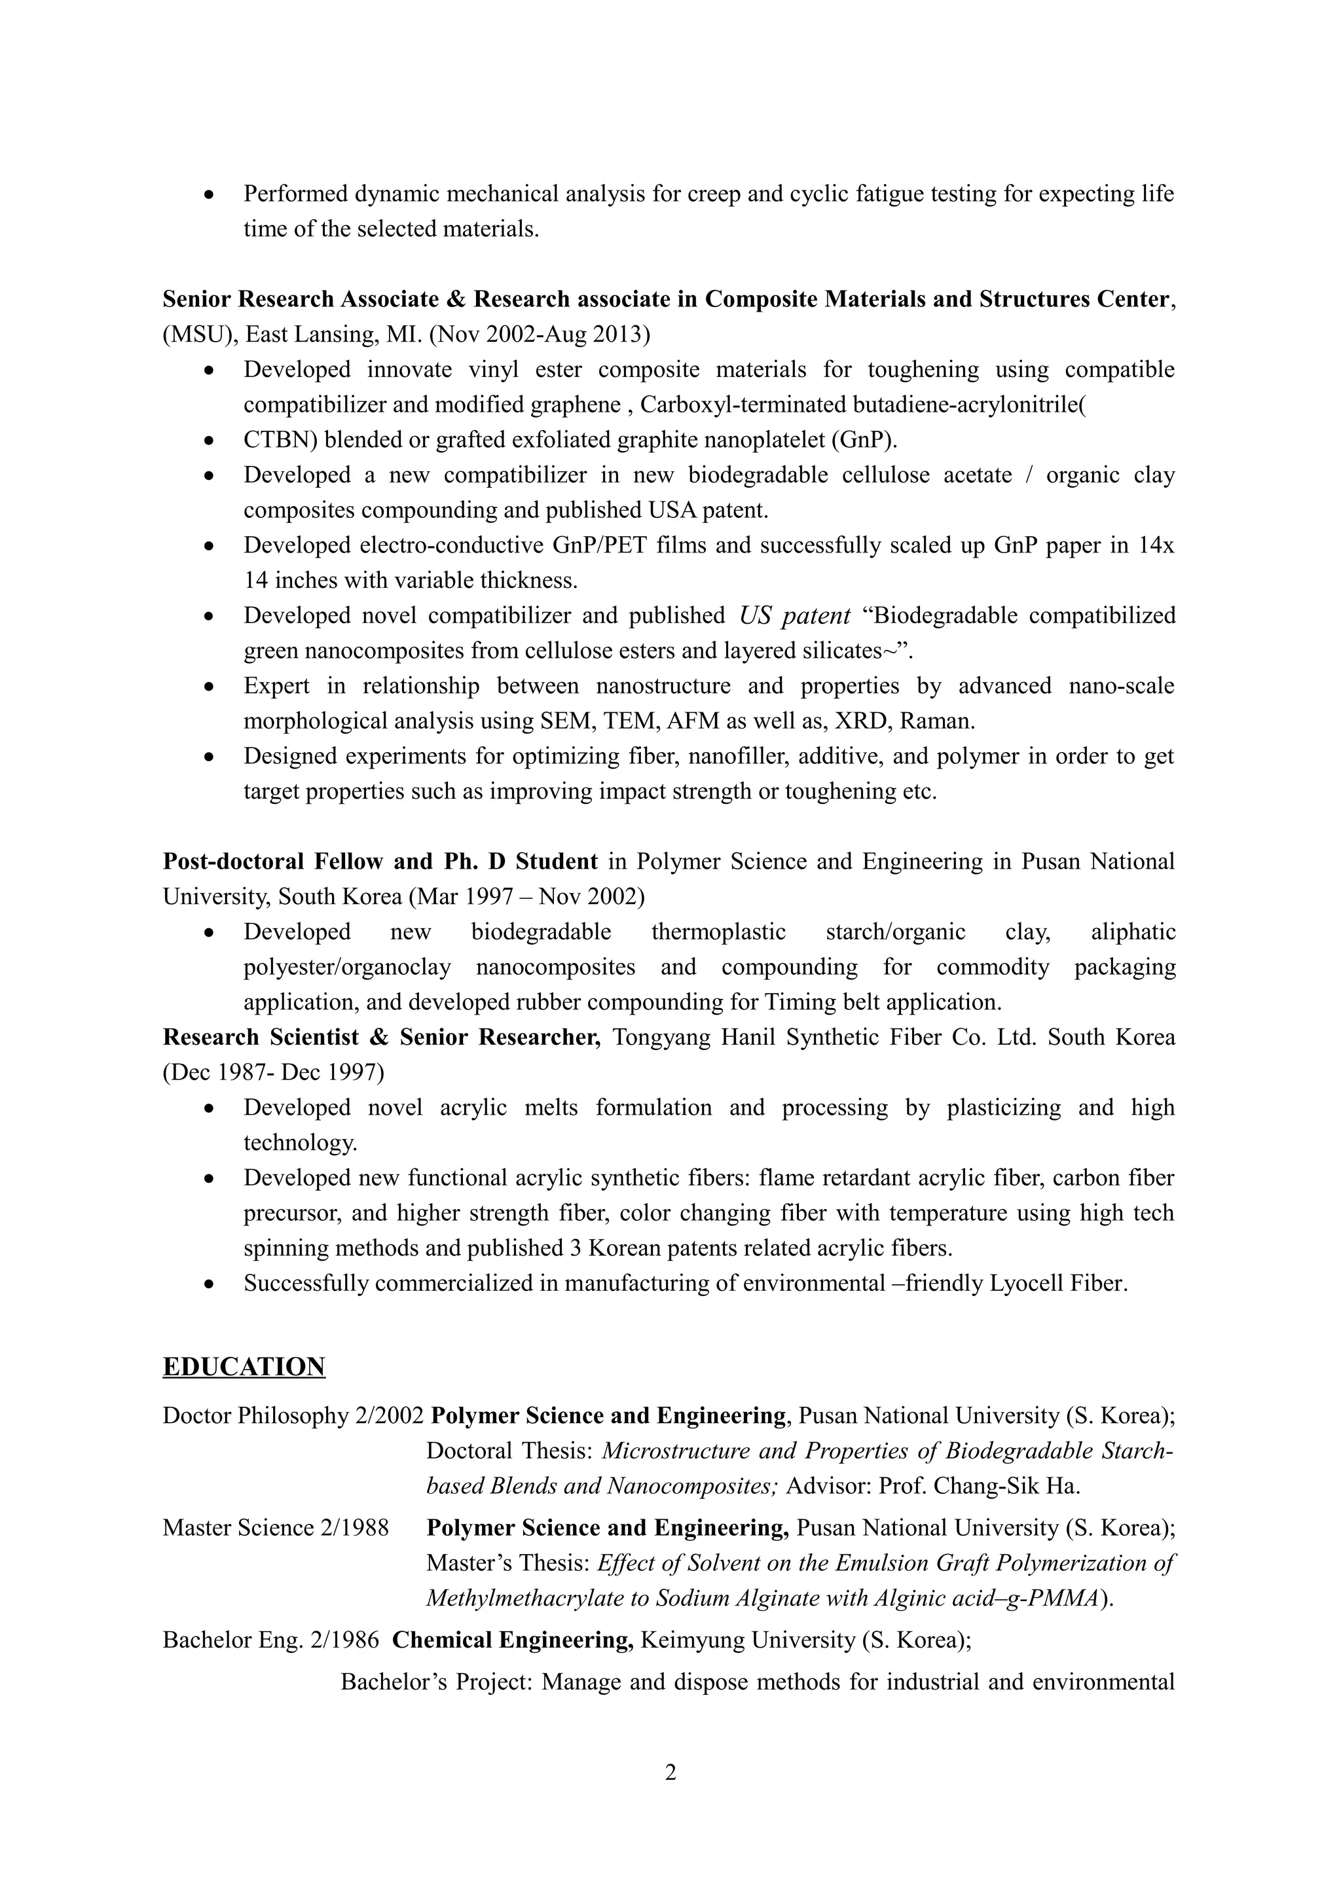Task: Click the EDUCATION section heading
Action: point(244,1367)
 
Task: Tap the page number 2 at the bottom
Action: point(670,1771)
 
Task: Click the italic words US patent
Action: point(794,615)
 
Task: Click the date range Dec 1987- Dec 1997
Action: point(272,1072)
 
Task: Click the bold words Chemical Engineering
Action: point(512,1639)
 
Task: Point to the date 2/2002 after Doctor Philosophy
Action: point(389,1415)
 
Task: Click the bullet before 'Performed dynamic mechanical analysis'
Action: point(211,195)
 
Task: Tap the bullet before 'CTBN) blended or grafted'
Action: point(211,441)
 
